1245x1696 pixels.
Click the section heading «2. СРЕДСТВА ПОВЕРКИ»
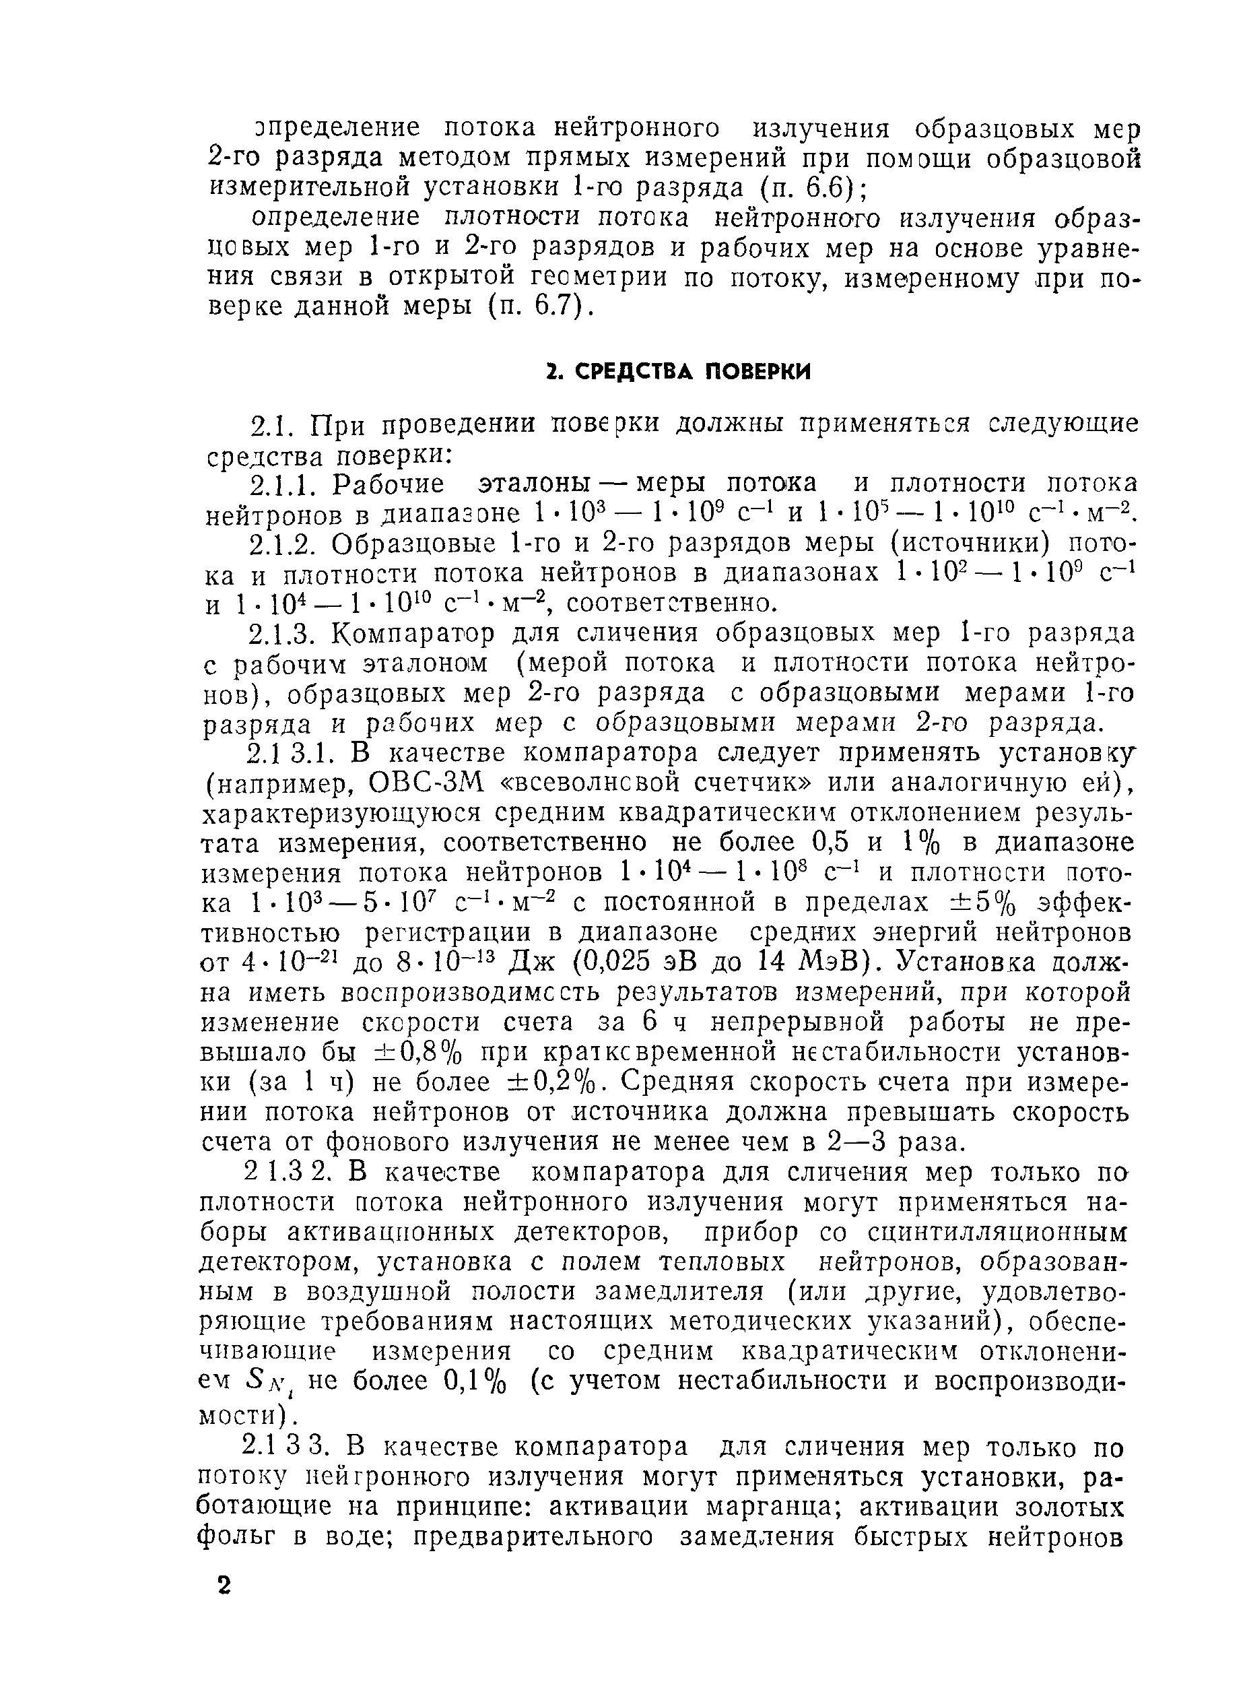tap(677, 372)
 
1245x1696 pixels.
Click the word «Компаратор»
tap(413, 634)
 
